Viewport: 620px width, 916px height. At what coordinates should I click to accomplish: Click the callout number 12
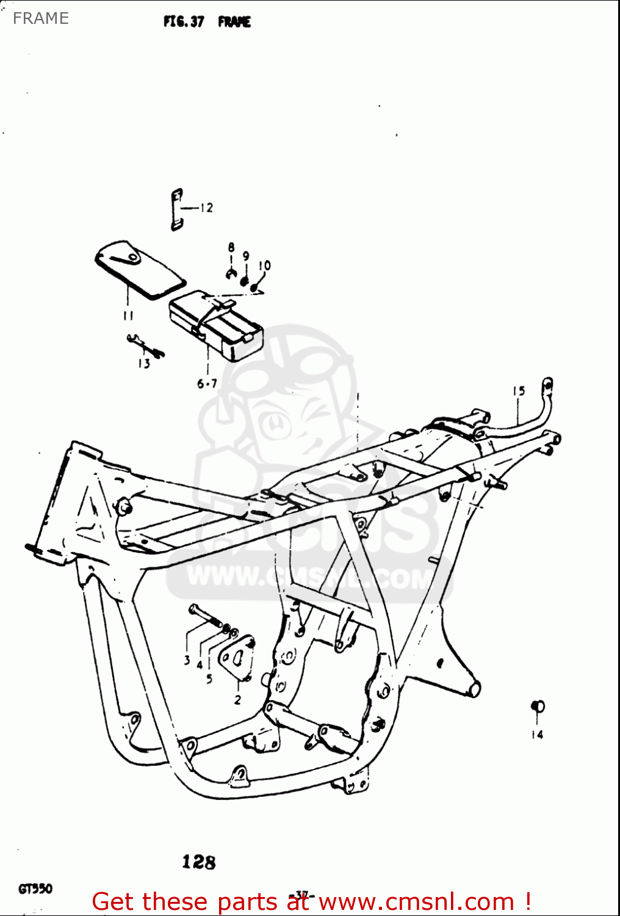(x=206, y=208)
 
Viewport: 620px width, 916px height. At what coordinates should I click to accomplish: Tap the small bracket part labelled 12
(x=176, y=209)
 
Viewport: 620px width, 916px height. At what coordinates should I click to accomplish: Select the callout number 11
(x=128, y=315)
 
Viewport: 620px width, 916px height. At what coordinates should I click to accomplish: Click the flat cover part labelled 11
(x=139, y=269)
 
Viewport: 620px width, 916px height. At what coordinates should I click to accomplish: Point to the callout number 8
(x=231, y=247)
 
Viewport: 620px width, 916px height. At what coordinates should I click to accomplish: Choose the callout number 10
(x=264, y=266)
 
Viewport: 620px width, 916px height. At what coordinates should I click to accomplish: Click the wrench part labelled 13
(x=145, y=346)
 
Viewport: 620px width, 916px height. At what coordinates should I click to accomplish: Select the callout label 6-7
(x=207, y=383)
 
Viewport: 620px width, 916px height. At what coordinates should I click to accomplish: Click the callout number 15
(x=519, y=391)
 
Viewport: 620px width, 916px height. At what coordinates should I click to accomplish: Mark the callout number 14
(x=537, y=735)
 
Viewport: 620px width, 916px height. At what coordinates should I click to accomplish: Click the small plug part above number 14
(x=538, y=707)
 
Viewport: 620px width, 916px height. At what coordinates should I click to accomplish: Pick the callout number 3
(x=187, y=660)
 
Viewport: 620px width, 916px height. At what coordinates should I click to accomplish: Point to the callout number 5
(x=209, y=678)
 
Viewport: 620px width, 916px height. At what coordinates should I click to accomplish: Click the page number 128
(x=199, y=862)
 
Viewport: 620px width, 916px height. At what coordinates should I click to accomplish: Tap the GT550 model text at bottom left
(x=35, y=889)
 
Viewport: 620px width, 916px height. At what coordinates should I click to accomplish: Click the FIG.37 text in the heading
(x=183, y=22)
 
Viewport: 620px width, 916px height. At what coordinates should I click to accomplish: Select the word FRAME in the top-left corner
(x=41, y=18)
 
